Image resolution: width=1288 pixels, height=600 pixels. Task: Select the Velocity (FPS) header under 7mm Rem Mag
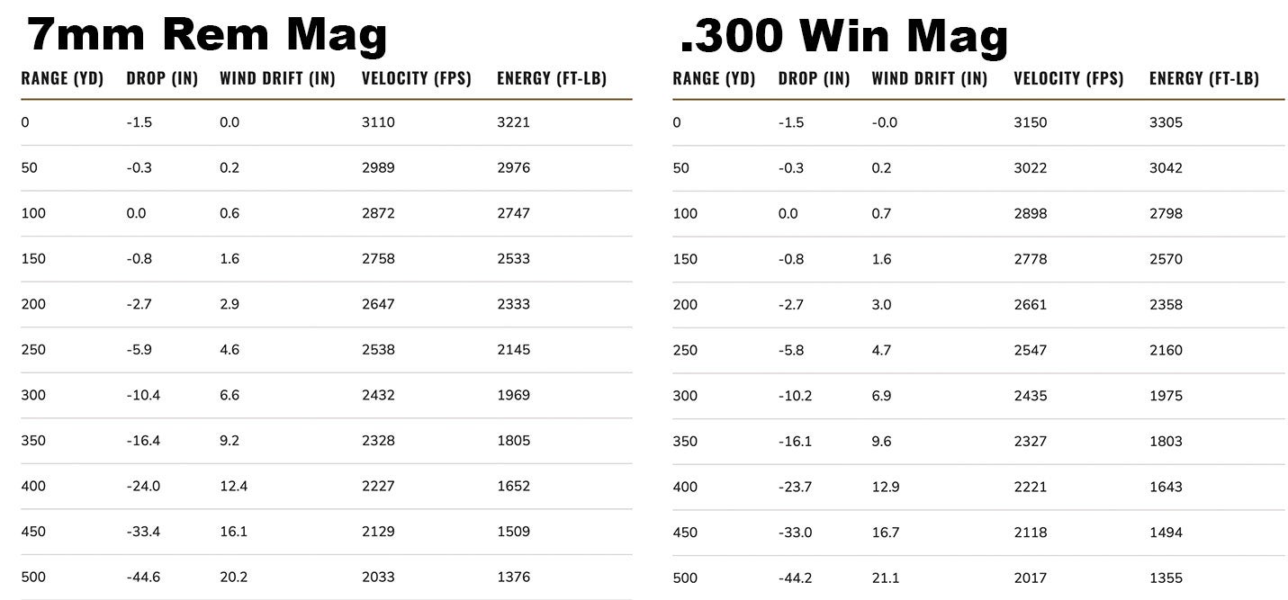[x=417, y=78]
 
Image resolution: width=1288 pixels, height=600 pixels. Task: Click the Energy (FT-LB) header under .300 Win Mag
[x=1203, y=78]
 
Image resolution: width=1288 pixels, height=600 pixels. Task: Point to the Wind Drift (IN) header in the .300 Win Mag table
[x=929, y=78]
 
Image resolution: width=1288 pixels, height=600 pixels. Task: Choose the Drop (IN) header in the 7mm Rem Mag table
[x=162, y=78]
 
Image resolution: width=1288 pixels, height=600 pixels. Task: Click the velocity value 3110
[x=378, y=122]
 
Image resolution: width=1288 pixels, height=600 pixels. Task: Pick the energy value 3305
[x=1166, y=122]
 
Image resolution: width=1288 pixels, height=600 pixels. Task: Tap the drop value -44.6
[x=143, y=577]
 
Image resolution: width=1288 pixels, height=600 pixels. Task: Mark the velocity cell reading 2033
[x=378, y=577]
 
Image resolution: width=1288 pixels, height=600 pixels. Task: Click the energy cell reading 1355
[x=1166, y=578]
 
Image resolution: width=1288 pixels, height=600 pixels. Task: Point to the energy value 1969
[x=513, y=395]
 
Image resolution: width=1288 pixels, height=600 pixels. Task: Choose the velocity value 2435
[x=1030, y=396]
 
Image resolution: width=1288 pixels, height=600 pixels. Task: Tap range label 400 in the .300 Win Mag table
[x=685, y=487]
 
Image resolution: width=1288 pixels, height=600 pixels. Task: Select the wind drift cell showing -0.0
[x=885, y=122]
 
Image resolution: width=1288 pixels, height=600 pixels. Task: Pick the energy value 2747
[x=513, y=213]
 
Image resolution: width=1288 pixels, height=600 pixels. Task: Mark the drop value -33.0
[x=795, y=532]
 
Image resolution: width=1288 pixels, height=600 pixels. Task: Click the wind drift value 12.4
[x=233, y=486]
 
